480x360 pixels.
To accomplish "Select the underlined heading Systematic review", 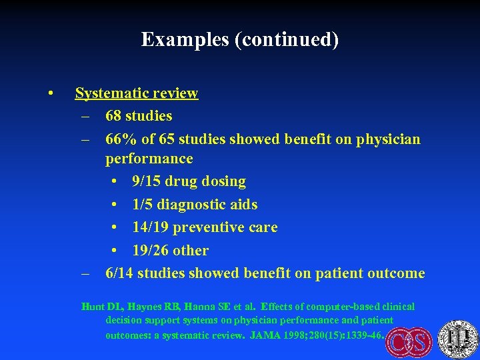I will [137, 93].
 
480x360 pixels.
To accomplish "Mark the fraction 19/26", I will [151, 251].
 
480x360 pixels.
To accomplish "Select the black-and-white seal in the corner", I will [458, 338].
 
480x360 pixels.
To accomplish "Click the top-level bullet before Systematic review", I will [51, 93].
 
